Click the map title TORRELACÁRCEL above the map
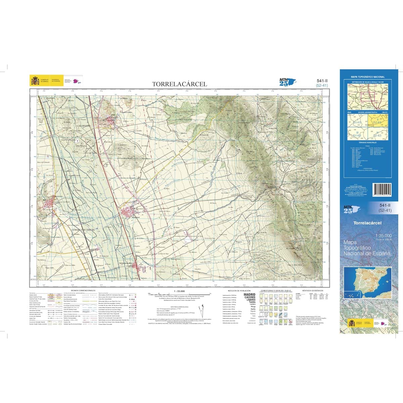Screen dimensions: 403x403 179,84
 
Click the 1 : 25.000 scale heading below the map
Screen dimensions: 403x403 179,291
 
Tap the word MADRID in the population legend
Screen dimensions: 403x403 250,295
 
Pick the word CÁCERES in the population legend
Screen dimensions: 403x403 250,298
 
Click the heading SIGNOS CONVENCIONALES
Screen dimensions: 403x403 83,290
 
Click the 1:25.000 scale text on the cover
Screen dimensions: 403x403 383,236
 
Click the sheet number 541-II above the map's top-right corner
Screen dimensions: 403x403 322,81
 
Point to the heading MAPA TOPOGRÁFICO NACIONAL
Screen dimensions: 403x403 367,77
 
